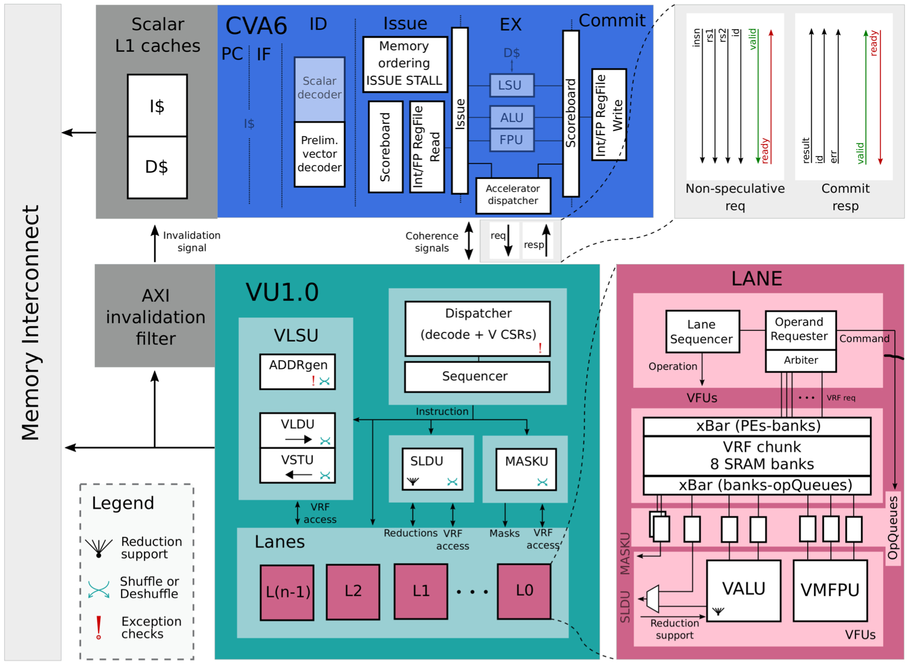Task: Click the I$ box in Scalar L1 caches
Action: tap(157, 106)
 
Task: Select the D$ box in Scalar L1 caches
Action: tap(157, 167)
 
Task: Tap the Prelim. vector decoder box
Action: tap(320, 154)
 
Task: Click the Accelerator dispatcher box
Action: tap(513, 195)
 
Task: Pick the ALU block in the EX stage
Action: tap(512, 117)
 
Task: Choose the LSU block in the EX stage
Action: tap(512, 86)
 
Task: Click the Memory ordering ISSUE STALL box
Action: tap(405, 64)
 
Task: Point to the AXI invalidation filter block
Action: tap(155, 316)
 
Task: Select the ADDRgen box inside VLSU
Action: tap(298, 371)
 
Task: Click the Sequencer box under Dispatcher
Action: tap(476, 376)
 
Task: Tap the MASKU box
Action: tap(526, 468)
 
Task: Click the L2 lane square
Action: tap(353, 591)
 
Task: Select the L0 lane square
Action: tap(524, 591)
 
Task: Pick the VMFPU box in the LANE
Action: tap(830, 590)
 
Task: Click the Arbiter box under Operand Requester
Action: tap(800, 361)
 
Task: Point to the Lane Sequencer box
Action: tap(702, 331)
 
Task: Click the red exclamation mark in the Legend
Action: tap(99, 627)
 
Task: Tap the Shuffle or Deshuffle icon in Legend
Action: tap(99, 589)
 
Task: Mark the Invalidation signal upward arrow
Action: tap(155, 243)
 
